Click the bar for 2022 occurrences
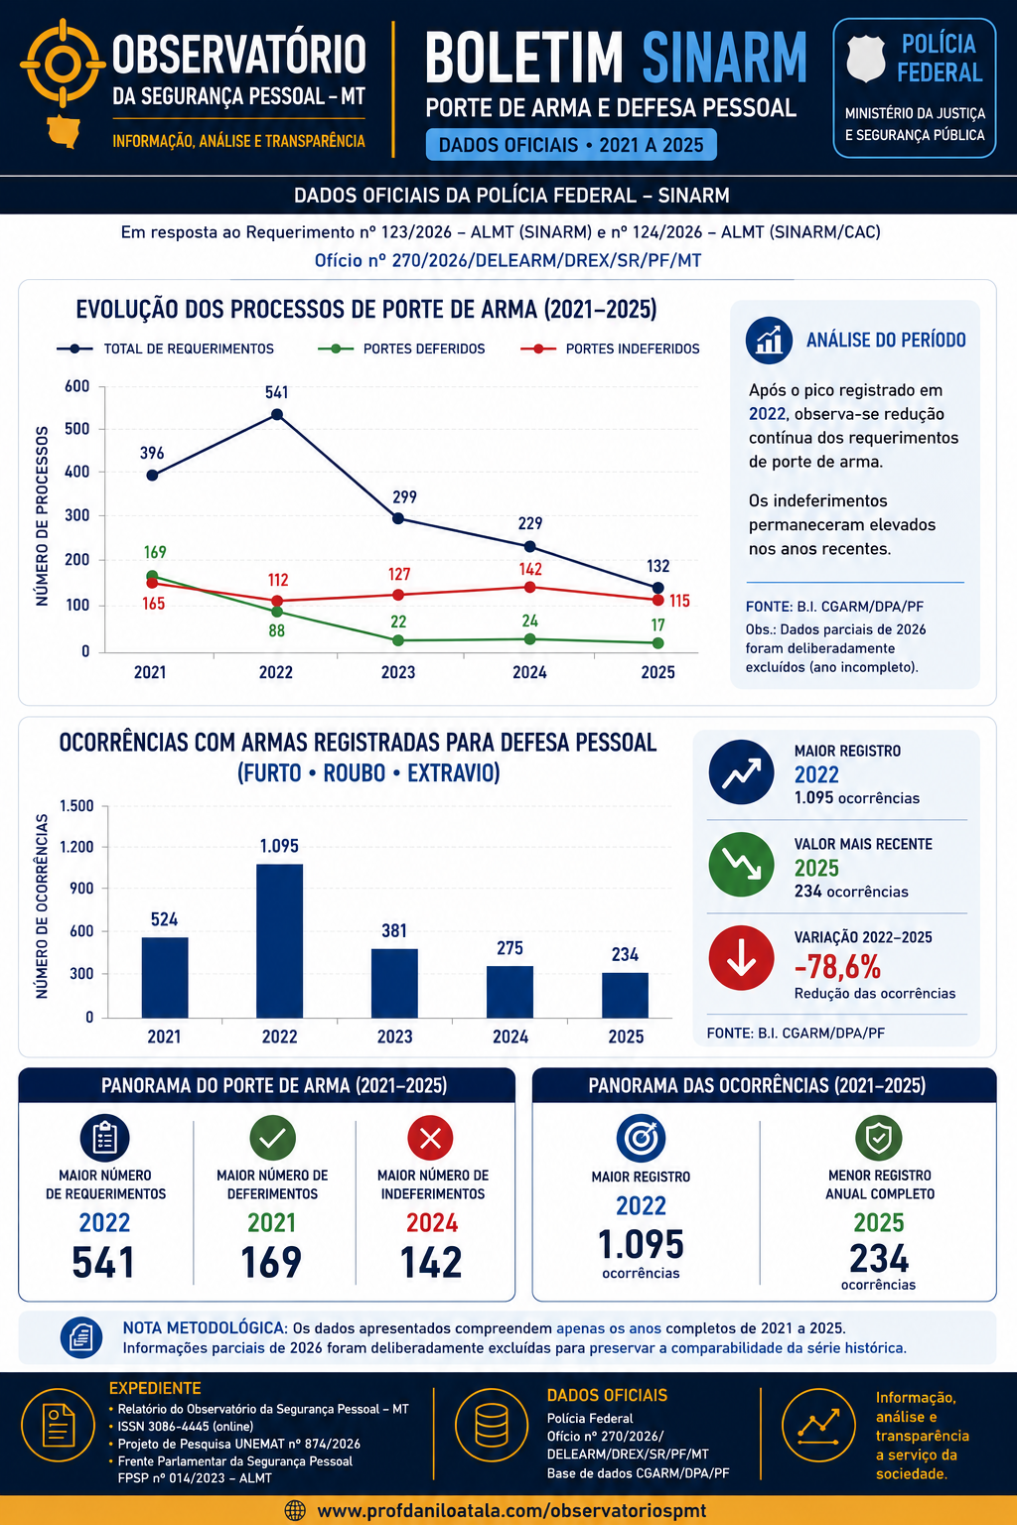[279, 941]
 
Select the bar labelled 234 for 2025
[625, 996]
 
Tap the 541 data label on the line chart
[276, 392]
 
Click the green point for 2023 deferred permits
[398, 640]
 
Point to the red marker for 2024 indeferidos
[530, 587]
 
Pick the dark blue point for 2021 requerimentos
[152, 476]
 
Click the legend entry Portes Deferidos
[401, 348]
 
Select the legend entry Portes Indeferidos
[610, 348]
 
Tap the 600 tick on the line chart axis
[77, 386]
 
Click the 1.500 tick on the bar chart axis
[76, 806]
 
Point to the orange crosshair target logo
[63, 64]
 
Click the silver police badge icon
[866, 60]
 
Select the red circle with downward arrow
[741, 958]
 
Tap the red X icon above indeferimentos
[430, 1138]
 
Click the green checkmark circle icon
[272, 1138]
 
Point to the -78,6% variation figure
[837, 966]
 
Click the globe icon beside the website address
[295, 1511]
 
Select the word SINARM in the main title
[725, 59]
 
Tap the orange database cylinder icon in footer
[492, 1425]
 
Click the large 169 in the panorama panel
[271, 1262]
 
